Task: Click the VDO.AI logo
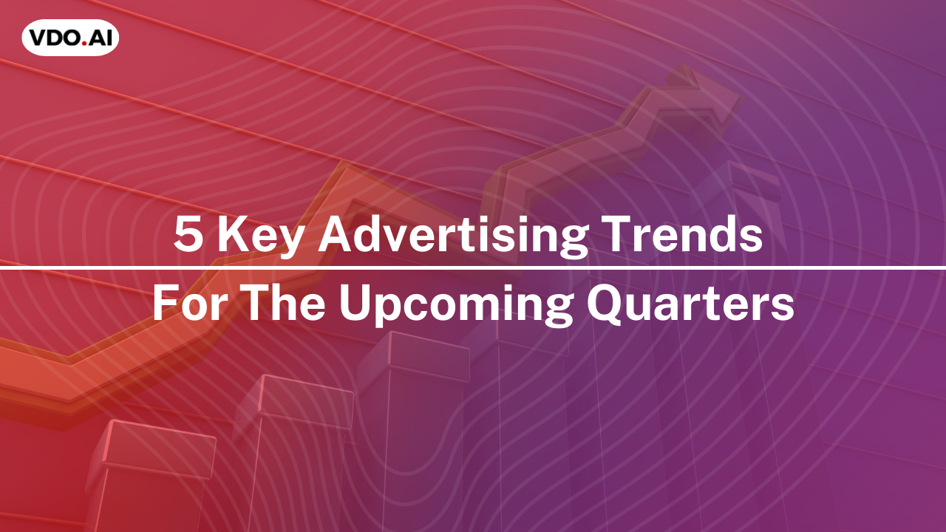coord(70,38)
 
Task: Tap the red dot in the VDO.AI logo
coord(85,44)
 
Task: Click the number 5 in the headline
coord(188,234)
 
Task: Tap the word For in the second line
coord(188,303)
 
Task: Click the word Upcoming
coord(456,305)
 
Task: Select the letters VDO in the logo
coord(55,38)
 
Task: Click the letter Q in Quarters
coord(605,304)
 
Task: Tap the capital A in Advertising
coord(336,234)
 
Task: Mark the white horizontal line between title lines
coord(473,267)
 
